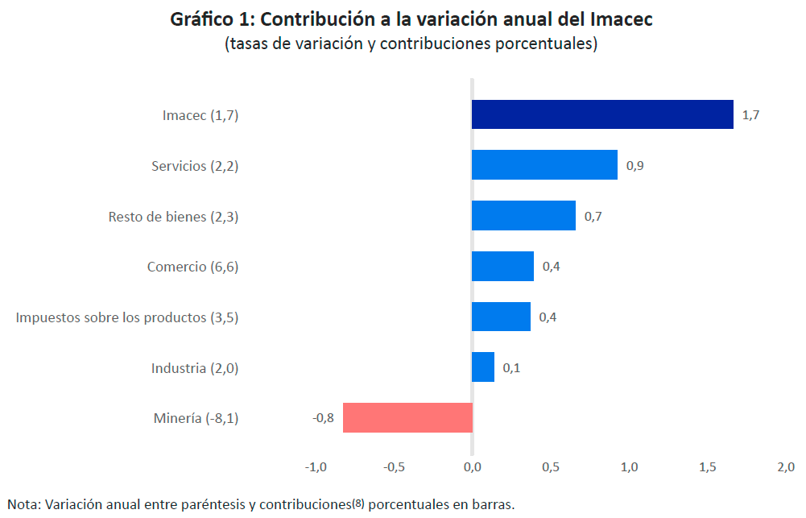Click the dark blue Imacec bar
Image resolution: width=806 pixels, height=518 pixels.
[602, 114]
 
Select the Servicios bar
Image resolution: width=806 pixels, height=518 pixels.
[544, 165]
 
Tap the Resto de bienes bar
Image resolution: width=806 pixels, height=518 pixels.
[523, 216]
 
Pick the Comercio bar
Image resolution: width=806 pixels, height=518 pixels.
[502, 266]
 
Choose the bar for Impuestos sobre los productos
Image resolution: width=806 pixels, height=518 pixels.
[501, 317]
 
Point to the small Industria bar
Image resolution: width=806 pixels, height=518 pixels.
[483, 367]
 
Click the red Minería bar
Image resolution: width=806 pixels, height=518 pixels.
[407, 418]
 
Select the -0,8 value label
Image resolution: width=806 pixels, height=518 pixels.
[323, 418]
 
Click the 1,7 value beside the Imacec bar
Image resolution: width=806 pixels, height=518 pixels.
[750, 115]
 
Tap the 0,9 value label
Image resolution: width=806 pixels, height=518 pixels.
[634, 166]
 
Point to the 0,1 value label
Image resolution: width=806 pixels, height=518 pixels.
[511, 368]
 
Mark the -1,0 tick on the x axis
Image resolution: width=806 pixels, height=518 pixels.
[316, 467]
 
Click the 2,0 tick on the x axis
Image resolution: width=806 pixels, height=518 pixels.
[785, 467]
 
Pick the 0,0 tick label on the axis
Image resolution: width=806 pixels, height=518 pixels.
[472, 467]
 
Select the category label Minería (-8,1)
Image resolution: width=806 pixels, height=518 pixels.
[196, 418]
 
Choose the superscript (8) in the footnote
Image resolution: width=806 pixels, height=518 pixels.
[358, 503]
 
